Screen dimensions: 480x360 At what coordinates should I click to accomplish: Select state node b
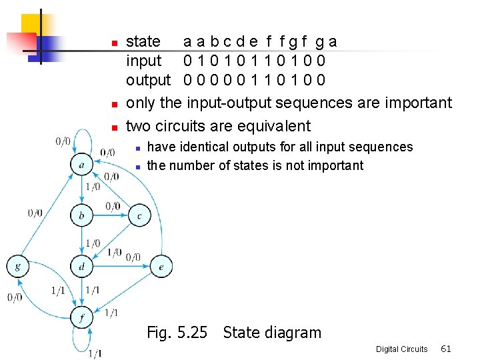coord(81,215)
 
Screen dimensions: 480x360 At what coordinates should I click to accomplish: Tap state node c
coord(139,215)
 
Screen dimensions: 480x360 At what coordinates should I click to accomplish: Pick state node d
coord(81,267)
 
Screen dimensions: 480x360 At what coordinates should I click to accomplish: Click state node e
coord(161,267)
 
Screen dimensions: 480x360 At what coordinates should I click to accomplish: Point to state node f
coord(81,318)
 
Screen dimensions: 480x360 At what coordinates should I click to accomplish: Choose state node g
coord(18,267)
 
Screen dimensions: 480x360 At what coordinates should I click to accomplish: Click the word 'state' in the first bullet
coord(143,41)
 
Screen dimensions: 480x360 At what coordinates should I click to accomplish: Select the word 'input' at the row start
coord(143,61)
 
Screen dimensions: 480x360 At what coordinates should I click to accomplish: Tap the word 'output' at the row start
coord(148,80)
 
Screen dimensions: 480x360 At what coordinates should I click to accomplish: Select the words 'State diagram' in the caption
coord(272,332)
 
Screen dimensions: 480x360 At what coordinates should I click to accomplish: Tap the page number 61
coord(446,349)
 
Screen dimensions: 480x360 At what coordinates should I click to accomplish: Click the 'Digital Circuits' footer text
coord(401,349)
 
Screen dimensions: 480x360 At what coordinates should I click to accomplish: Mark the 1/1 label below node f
coord(95,353)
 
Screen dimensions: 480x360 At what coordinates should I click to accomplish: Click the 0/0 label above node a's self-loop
coord(63,141)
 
